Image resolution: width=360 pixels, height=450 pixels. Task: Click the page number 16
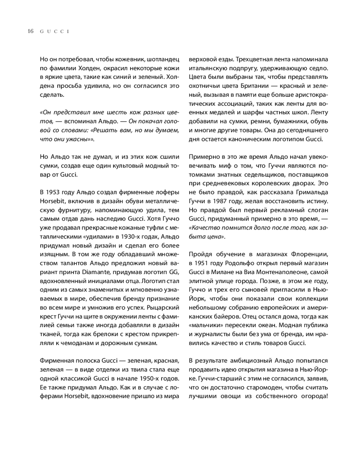(x=30, y=31)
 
